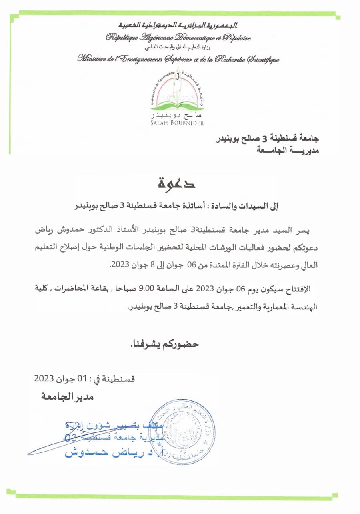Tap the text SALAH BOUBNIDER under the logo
[x=176, y=123]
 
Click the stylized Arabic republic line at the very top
[x=178, y=25]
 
